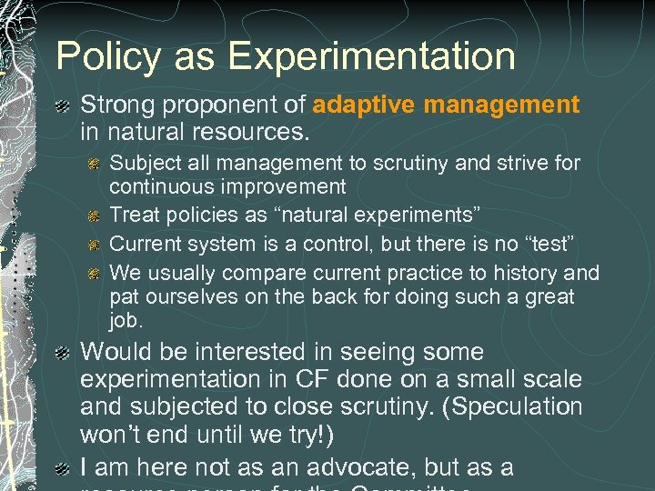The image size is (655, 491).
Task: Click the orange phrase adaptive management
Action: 446,105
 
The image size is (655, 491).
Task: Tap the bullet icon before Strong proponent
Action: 63,106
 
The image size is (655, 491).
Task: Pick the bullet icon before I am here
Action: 63,469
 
